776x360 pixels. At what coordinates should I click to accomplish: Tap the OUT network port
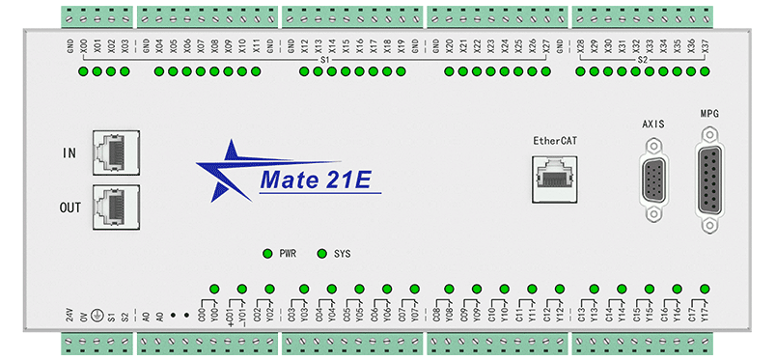coord(114,207)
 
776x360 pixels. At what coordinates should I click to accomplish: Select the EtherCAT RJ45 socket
coord(555,178)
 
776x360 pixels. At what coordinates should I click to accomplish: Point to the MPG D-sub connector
coord(710,180)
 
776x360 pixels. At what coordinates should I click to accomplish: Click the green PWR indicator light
coord(267,254)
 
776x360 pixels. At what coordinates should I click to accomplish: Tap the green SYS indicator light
coord(322,254)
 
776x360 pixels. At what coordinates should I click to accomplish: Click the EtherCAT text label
coord(555,141)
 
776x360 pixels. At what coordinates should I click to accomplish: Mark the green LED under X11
coord(256,71)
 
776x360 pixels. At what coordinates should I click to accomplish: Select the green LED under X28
coord(581,71)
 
